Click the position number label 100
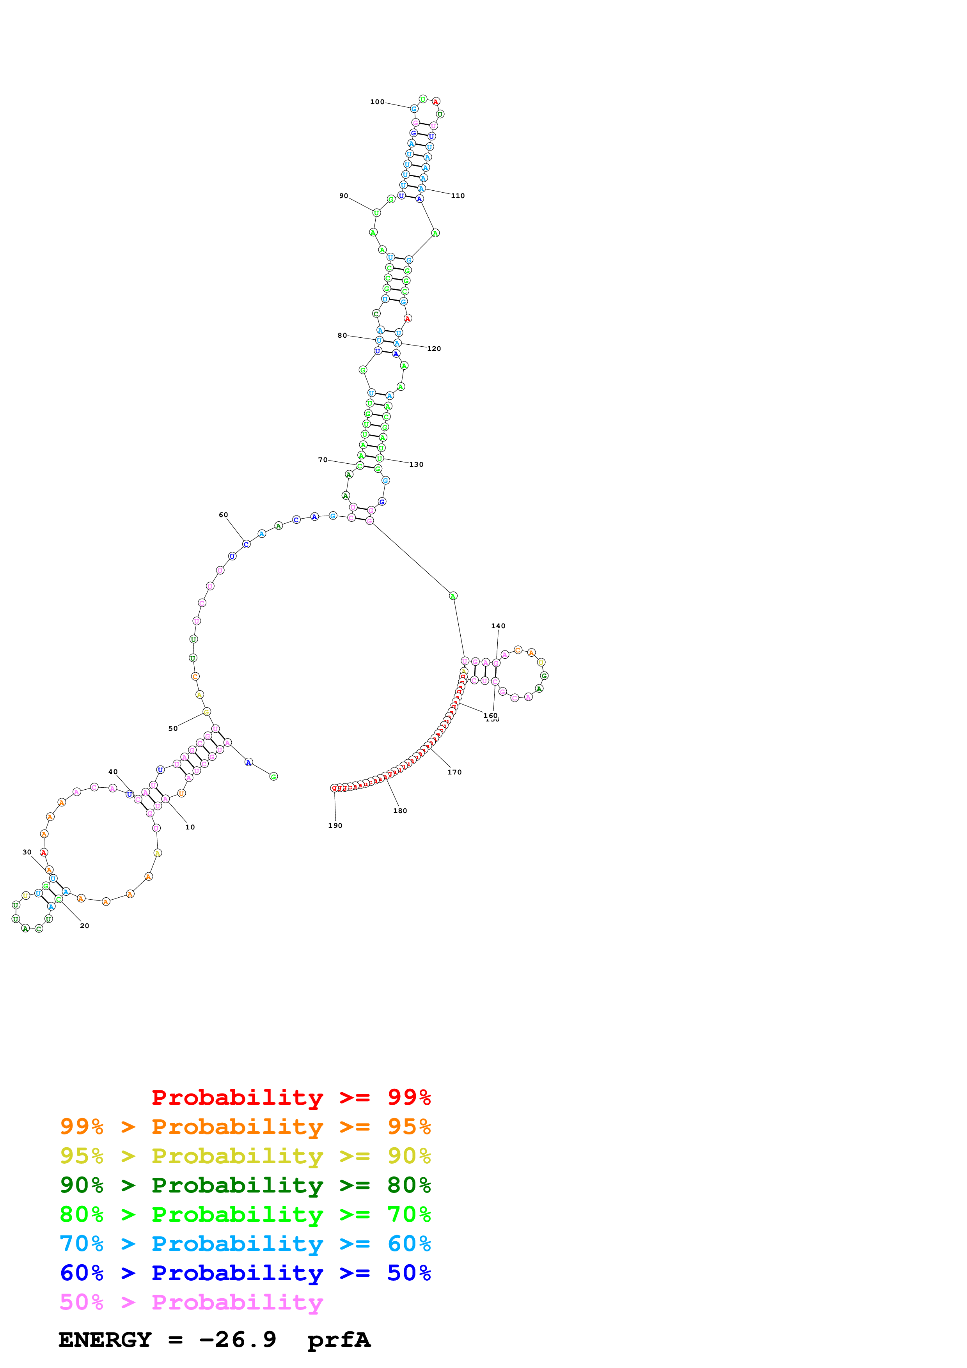pos(377,102)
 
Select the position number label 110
pos(458,196)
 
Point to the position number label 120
pos(434,349)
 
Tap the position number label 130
pos(416,465)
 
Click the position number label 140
pos(498,626)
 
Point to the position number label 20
pos(85,926)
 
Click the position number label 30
pos(27,852)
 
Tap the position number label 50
pos(173,729)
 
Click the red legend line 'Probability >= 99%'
pos(291,1097)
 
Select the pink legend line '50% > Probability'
pos(191,1302)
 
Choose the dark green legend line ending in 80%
pos(245,1185)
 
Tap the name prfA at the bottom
pos(339,1341)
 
